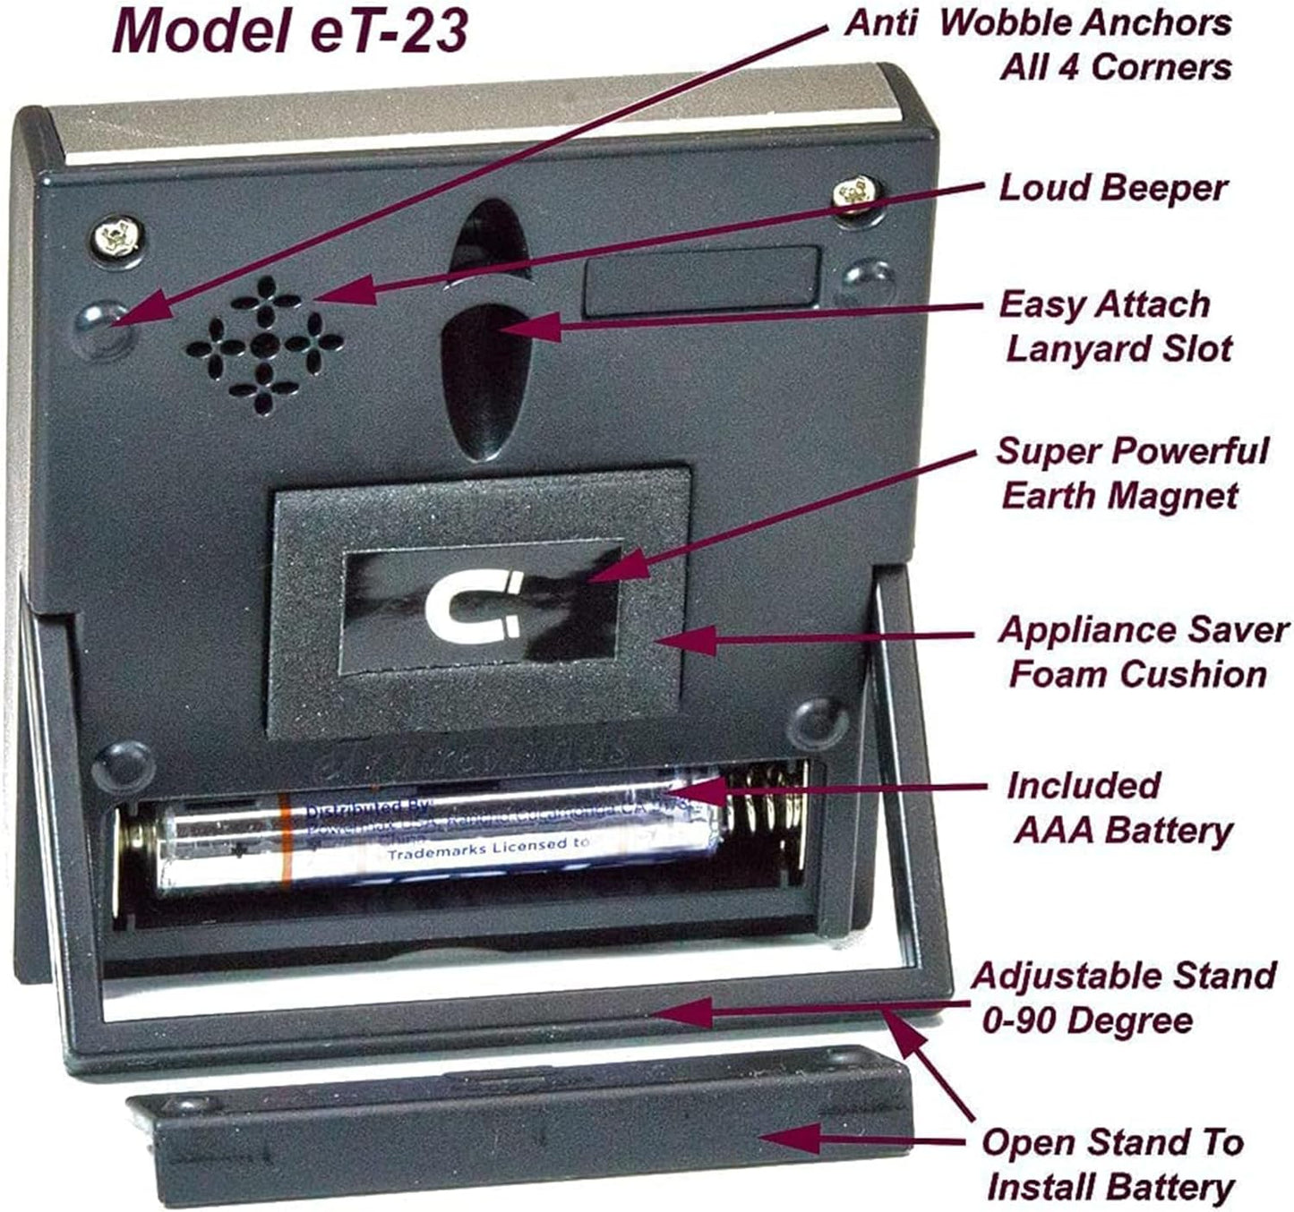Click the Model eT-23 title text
[289, 30]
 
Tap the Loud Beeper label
[1113, 189]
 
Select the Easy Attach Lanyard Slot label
[1115, 327]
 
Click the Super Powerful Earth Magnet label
[1131, 474]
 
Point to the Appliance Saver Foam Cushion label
[1142, 652]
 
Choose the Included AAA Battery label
[1120, 808]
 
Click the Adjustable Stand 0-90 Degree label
[1122, 997]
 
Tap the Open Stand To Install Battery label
[1111, 1165]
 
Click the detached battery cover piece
[519, 1123]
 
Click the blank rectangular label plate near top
[701, 280]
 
